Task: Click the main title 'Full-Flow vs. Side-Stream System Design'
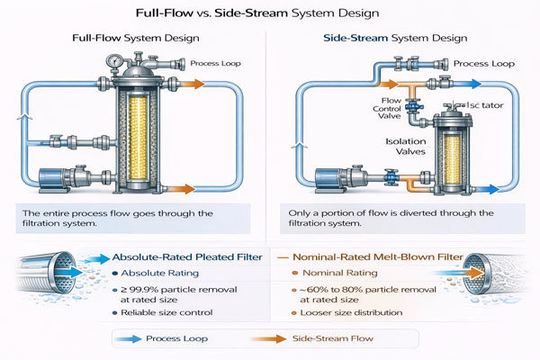269,14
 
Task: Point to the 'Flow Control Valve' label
369,109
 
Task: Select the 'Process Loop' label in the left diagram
211,63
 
